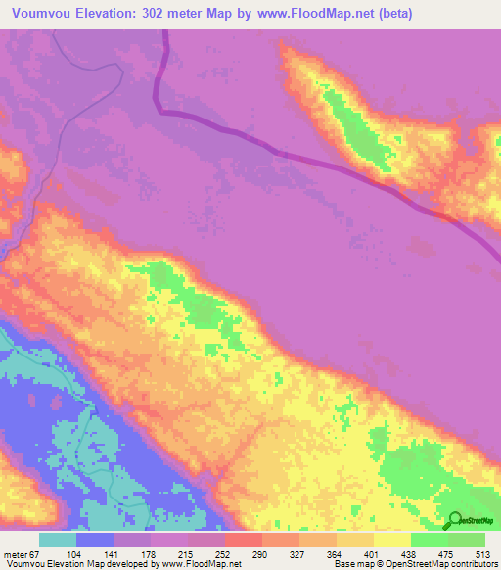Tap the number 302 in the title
[x=162, y=14]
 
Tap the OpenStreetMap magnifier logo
[x=455, y=520]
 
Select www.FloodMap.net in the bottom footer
[x=201, y=564]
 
